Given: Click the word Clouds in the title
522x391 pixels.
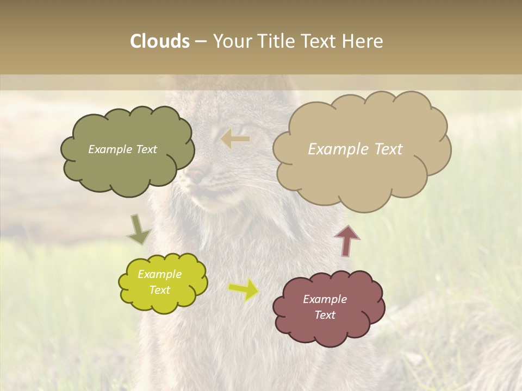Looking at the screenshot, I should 160,41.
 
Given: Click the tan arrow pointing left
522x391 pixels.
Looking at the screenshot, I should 235,139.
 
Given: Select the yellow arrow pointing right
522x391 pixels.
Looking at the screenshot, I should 244,289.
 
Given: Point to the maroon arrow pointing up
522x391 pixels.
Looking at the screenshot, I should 347,241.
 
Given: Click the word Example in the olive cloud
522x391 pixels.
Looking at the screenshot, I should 110,149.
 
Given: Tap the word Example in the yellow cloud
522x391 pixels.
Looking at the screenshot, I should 159,274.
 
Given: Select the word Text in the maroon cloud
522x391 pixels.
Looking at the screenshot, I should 325,315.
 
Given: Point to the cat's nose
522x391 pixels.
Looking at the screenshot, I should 197,175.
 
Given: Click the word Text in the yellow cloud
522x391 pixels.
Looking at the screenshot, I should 159,290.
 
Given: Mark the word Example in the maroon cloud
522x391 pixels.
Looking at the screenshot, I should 325,299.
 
